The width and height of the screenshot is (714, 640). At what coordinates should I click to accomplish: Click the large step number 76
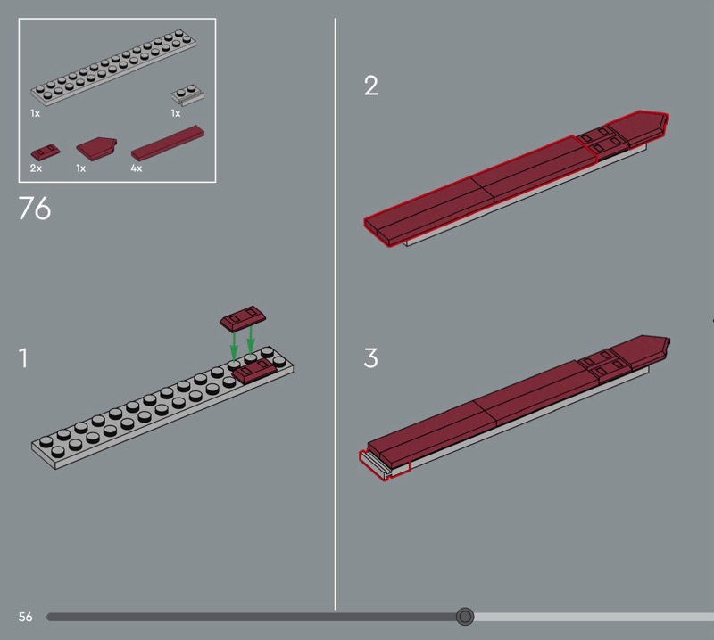[x=35, y=209]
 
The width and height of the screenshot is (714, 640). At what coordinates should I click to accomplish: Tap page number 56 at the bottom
[x=26, y=617]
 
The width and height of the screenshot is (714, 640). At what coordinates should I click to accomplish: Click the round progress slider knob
[x=465, y=617]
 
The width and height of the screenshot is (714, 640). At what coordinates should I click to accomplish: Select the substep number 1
[x=23, y=358]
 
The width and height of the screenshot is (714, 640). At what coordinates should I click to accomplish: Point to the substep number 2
[x=371, y=86]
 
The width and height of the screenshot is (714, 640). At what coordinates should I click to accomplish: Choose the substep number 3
[x=371, y=358]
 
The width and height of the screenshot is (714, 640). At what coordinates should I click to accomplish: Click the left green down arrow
[x=234, y=347]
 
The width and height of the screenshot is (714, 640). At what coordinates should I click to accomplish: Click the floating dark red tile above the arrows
[x=243, y=317]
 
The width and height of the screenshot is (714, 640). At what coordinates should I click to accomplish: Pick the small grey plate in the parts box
[x=187, y=94]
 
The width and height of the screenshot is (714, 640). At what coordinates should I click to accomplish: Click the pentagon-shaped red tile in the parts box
[x=96, y=148]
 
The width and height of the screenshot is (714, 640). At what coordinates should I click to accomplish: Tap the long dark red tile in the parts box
[x=168, y=144]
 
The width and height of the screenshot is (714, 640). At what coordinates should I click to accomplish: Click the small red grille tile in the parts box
[x=46, y=152]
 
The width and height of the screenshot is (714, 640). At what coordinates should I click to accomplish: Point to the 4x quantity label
[x=137, y=168]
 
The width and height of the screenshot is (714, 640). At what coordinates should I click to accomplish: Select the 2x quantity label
[x=36, y=168]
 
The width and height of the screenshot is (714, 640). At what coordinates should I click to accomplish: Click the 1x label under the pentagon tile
[x=80, y=168]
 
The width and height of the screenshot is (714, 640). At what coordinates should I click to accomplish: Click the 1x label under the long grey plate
[x=35, y=113]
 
